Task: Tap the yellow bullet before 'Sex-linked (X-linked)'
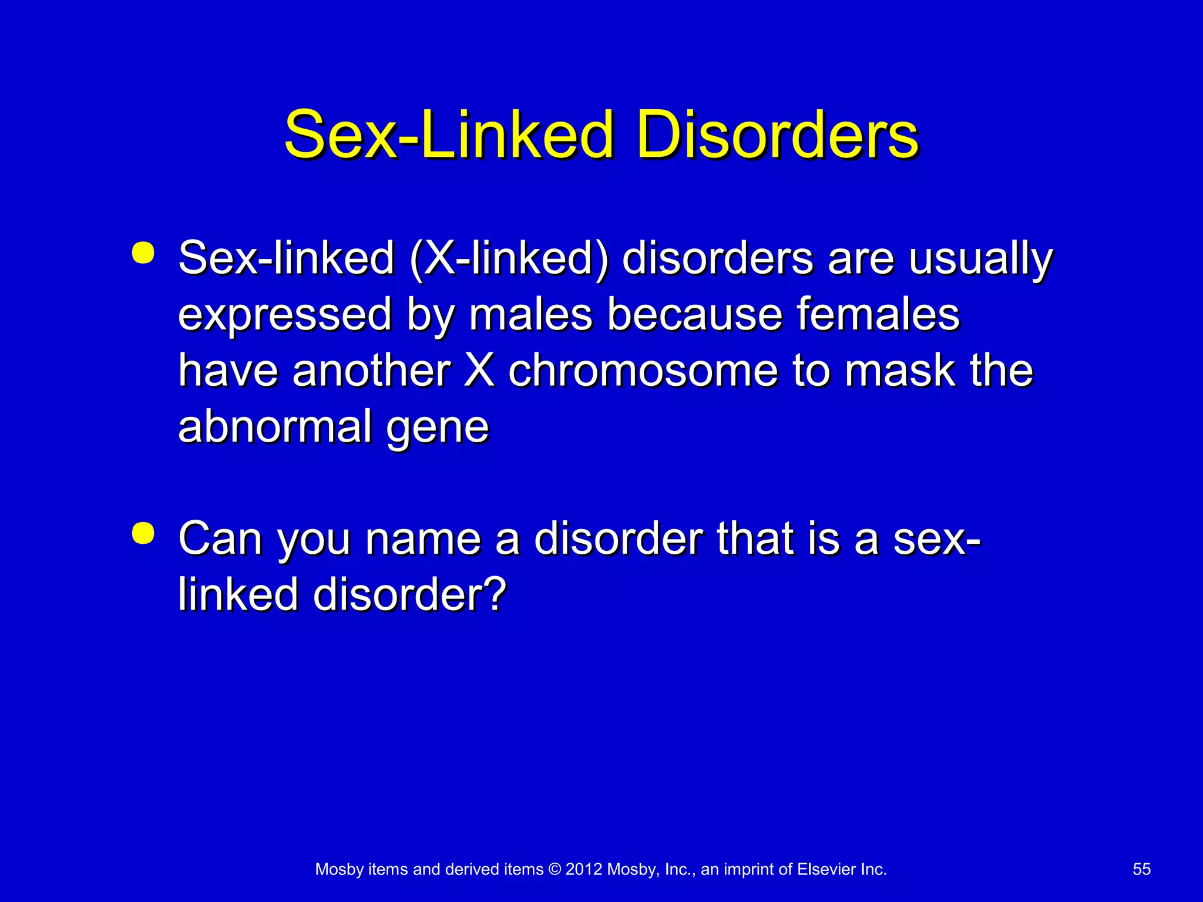[143, 253]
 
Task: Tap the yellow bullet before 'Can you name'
[143, 533]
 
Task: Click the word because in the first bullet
[694, 315]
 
